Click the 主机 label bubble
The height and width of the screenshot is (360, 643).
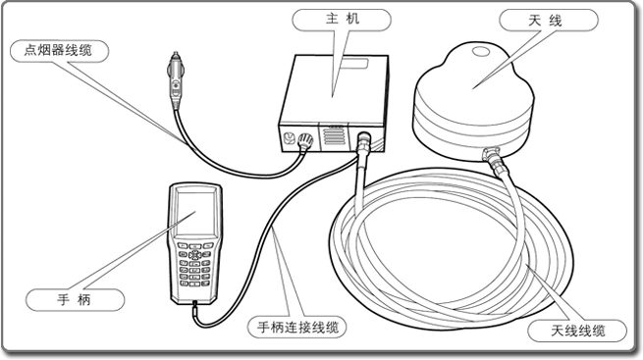click(342, 20)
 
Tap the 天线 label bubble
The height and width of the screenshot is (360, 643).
click(549, 20)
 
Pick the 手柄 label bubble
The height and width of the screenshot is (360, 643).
click(75, 300)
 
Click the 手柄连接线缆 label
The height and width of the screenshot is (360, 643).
click(296, 328)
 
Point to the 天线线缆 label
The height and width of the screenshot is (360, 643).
click(577, 331)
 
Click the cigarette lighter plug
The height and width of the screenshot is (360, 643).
click(176, 79)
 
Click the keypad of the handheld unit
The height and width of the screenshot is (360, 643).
click(194, 265)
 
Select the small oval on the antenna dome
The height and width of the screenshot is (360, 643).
click(480, 52)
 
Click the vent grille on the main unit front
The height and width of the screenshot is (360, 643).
click(334, 135)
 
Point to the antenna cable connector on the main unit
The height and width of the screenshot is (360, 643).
click(363, 142)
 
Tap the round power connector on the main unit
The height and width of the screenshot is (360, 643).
click(305, 141)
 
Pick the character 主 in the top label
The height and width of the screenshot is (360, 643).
click(331, 20)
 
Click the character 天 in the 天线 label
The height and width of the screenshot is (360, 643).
click(535, 21)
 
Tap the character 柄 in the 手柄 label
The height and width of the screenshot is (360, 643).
click(83, 300)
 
